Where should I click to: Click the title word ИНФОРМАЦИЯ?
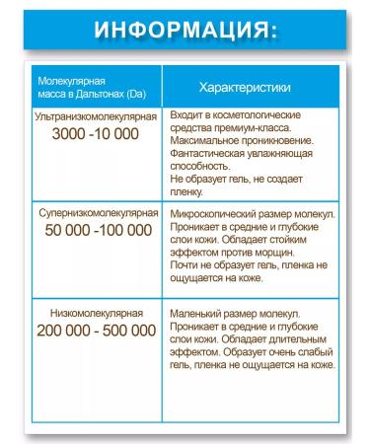[185, 29]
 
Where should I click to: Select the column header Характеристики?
[245, 89]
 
